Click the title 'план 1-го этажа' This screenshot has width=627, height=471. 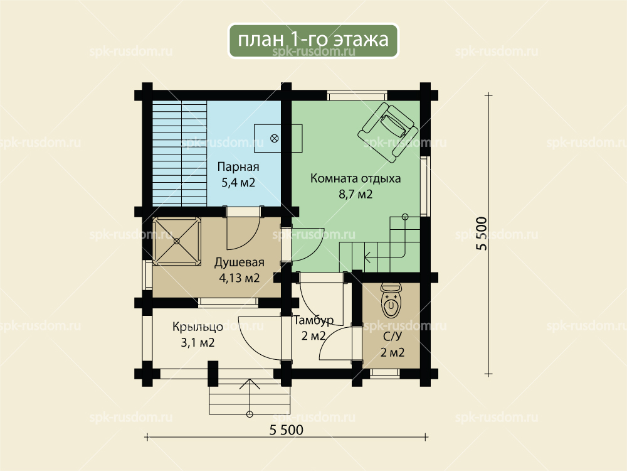313,40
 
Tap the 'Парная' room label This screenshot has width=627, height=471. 238,166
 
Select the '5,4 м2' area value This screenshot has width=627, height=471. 238,183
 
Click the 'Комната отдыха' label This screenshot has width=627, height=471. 356,178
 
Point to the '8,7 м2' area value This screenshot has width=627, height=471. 356,194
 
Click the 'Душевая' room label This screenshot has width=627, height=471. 239,263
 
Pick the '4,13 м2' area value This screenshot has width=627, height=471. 239,278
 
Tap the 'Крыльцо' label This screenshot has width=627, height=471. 198,327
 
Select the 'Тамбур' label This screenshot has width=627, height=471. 313,320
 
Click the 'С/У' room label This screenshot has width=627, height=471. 392,337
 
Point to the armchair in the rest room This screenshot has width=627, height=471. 388,132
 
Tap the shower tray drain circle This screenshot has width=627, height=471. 177,241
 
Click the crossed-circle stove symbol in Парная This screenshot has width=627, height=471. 275,139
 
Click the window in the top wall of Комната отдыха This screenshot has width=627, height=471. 357,95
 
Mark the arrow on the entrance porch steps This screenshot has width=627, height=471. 250,397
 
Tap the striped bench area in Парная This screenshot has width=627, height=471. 179,153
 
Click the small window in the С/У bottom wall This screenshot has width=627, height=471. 385,374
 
